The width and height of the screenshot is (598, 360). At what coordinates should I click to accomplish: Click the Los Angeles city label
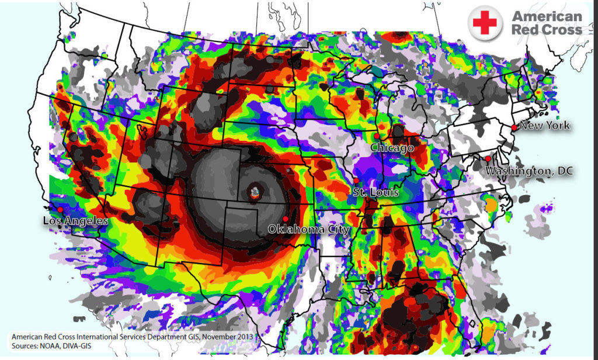point(75,221)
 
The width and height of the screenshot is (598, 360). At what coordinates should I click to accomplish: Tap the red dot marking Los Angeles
point(60,209)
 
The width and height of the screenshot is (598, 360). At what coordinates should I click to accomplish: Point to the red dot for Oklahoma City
point(285,219)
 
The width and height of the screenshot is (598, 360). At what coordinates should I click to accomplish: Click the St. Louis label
point(375,192)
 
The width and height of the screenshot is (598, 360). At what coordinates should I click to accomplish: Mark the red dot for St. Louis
point(356,181)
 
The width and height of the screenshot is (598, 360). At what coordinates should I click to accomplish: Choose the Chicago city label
point(392,148)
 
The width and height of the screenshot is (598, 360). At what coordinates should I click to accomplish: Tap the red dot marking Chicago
point(377,136)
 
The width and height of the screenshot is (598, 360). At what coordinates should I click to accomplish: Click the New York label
point(544,126)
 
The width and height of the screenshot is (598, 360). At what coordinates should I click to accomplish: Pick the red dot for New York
point(514,127)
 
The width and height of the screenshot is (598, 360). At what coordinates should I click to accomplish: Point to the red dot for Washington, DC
point(488,158)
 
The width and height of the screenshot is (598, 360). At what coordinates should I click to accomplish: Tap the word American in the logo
point(546,16)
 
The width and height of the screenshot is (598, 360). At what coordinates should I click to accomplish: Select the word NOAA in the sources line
point(58,347)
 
